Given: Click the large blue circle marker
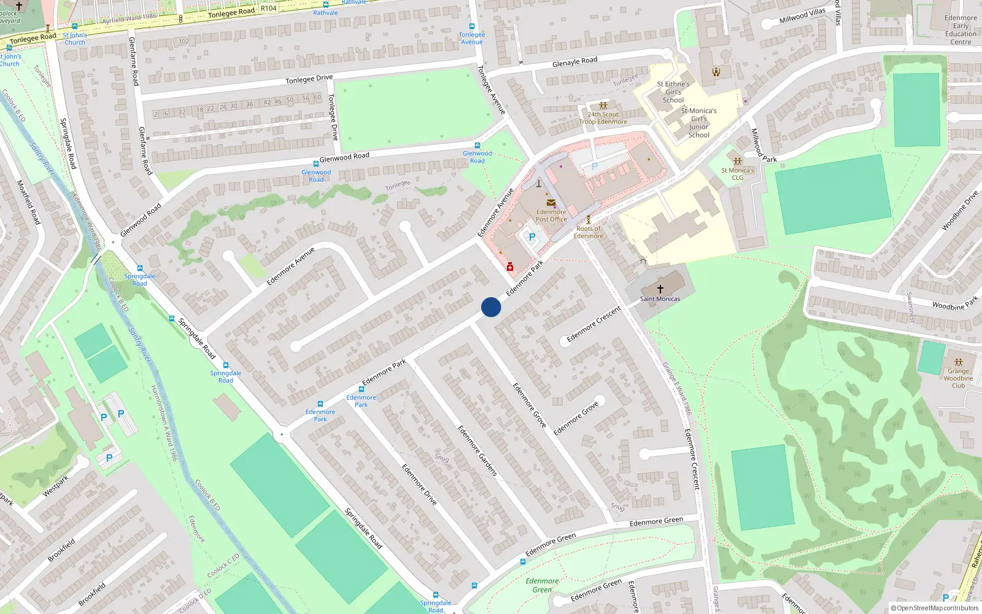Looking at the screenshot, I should click(x=491, y=307).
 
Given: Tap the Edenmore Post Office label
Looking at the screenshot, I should click(x=551, y=216).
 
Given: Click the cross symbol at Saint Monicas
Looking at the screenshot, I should click(x=660, y=289).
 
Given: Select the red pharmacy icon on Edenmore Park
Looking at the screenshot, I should click(x=510, y=266).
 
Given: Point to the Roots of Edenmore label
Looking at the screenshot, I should click(x=588, y=232).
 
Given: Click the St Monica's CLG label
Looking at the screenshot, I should click(x=737, y=174).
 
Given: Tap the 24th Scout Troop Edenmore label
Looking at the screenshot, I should click(x=603, y=118).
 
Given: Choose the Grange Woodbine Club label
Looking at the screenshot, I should click(x=958, y=378).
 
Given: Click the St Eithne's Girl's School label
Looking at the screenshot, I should click(x=673, y=92).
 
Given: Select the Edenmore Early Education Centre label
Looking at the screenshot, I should click(x=961, y=29).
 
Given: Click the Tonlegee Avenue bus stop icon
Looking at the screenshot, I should click(x=472, y=26).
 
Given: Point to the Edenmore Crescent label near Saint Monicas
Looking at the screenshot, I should click(x=593, y=324).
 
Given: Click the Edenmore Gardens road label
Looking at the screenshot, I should click(x=477, y=451).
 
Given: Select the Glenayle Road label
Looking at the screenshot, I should click(x=574, y=61).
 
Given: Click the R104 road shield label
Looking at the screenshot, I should click(x=268, y=8).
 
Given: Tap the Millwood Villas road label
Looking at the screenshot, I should click(x=802, y=16).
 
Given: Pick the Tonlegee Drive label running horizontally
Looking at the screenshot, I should click(x=309, y=79).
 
